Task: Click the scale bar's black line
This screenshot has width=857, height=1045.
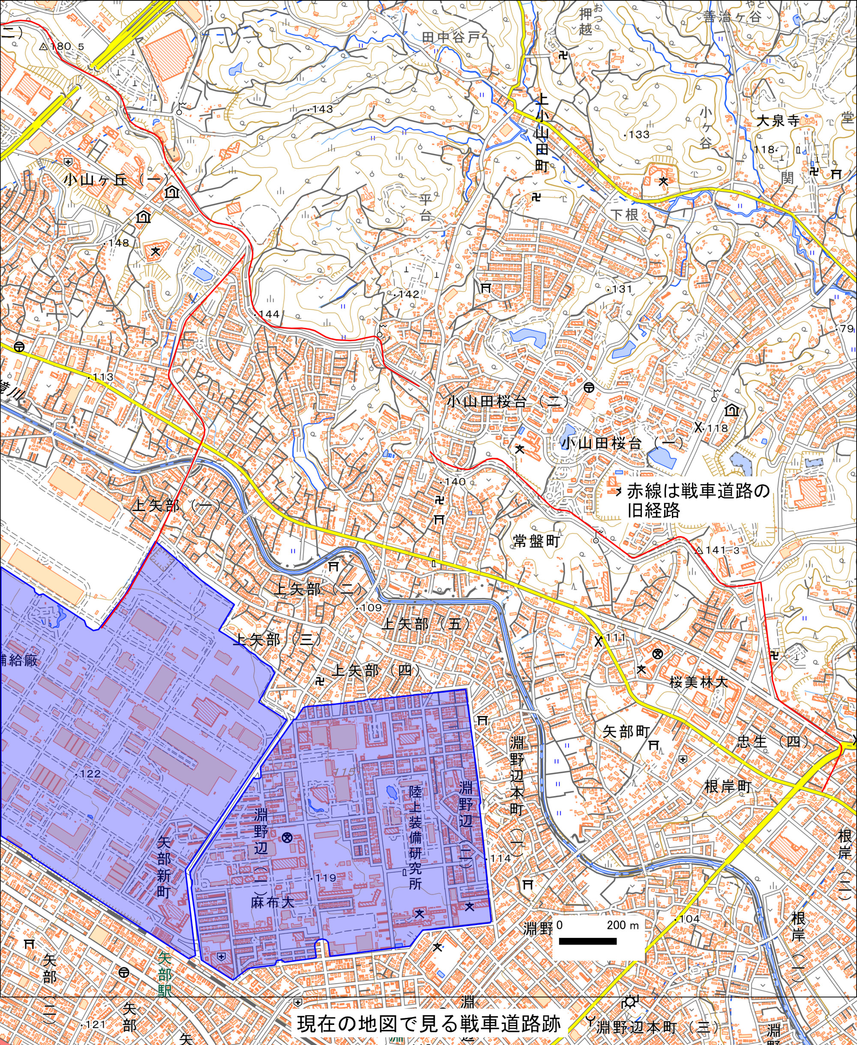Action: pyautogui.click(x=587, y=941)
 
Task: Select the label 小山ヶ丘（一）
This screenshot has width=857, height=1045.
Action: pyautogui.click(x=117, y=179)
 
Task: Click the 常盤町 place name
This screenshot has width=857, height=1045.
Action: pyautogui.click(x=536, y=541)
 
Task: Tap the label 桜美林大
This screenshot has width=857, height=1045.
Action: pyautogui.click(x=698, y=682)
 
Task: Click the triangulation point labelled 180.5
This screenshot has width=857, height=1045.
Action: pyautogui.click(x=43, y=47)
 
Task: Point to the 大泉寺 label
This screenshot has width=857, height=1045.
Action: pyautogui.click(x=778, y=120)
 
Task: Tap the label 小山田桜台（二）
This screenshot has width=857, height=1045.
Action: pyautogui.click(x=509, y=401)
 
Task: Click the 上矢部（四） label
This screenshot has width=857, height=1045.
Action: pyautogui.click(x=377, y=670)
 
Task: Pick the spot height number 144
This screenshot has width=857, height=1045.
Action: pyautogui.click(x=269, y=314)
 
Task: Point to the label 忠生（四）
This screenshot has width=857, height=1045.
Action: pyautogui.click(x=773, y=742)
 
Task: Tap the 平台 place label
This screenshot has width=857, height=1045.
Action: pyautogui.click(x=425, y=207)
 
